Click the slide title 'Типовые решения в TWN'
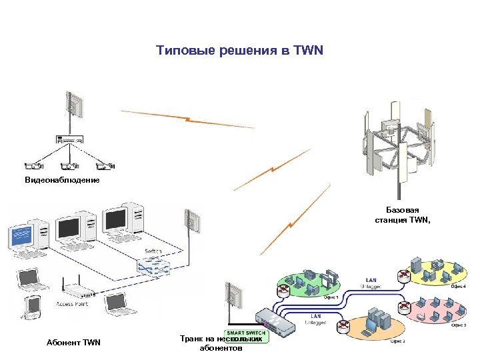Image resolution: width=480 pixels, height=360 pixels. pos(239,51)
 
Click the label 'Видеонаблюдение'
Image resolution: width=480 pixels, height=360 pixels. pos(62,181)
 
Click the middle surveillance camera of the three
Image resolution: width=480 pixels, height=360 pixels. pos(69,166)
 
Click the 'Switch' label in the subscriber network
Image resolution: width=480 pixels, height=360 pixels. pos(152,251)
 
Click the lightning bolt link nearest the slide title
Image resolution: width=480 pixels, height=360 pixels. pos(189,121)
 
